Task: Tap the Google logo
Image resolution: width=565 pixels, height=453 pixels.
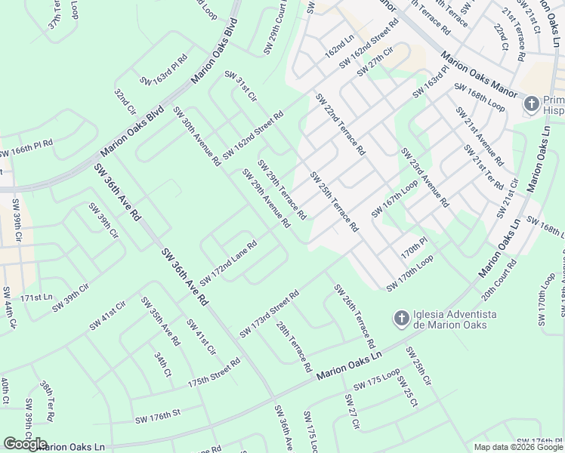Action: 24,444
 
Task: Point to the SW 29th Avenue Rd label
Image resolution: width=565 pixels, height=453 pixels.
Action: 266,199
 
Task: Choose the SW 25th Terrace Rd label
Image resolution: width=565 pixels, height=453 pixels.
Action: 334,202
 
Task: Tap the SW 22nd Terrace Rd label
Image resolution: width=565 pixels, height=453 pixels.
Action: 340,125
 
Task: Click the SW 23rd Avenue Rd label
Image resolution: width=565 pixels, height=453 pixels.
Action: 425,178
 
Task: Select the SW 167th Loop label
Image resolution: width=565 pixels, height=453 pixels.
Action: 394,199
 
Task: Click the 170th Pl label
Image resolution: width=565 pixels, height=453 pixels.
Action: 415,246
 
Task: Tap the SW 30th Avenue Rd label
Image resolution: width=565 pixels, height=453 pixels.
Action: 196,136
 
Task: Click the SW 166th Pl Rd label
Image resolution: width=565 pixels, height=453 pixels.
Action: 26,148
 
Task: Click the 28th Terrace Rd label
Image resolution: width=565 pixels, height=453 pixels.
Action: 294,347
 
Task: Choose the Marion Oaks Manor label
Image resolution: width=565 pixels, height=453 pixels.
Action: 480,74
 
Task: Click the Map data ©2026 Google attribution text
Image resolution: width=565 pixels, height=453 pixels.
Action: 519,447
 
